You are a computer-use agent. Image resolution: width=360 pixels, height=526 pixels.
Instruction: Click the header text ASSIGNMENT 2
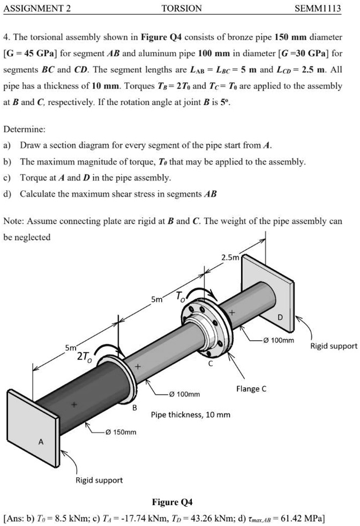(37, 8)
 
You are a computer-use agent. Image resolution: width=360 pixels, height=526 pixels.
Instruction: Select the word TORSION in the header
(182, 8)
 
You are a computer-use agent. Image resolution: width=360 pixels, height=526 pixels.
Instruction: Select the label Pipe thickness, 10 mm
(191, 414)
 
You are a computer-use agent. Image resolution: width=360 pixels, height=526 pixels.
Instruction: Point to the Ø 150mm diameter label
(121, 432)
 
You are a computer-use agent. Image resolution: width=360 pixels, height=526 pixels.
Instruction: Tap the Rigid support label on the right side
(334, 346)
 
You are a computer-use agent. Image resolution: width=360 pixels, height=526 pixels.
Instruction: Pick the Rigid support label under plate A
(99, 480)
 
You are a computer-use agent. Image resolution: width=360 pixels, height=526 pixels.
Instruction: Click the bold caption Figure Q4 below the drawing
(172, 502)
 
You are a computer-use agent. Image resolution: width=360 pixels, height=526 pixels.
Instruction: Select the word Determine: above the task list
(24, 129)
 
